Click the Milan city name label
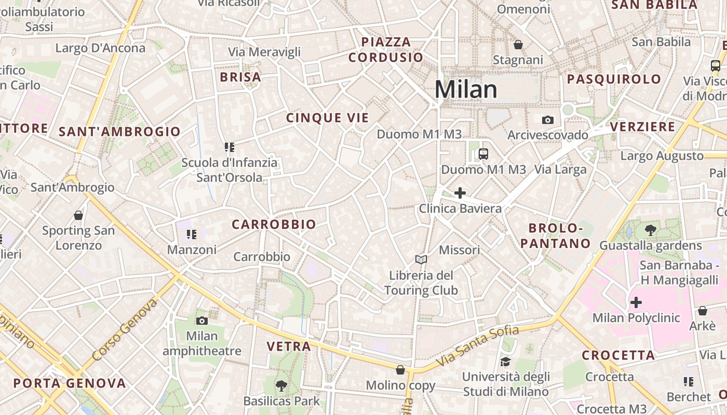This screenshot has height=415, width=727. tap(466, 89)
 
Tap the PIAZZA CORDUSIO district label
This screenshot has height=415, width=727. tap(386, 50)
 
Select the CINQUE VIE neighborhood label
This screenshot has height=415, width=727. tap(327, 118)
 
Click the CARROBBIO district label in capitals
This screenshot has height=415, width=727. tap(274, 224)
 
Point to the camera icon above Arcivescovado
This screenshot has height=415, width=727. tap(547, 120)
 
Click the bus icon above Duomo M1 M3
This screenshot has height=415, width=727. tap(483, 154)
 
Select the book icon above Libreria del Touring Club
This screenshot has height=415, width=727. tap(421, 259)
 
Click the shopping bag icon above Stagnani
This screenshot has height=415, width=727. tap(518, 45)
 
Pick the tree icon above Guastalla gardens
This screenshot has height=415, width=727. tap(650, 230)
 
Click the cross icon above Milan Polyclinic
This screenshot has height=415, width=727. tap(636, 302)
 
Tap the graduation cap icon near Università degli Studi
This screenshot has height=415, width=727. tap(505, 362)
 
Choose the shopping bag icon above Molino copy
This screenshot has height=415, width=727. tap(400, 370)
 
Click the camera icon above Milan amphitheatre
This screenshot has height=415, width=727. tap(202, 321)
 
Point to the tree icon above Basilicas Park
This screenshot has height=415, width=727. tap(281, 385)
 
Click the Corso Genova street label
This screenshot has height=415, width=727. tap(125, 330)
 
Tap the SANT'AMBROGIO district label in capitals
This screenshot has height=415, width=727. tap(119, 132)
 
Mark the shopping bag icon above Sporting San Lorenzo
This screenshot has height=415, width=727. tap(78, 215)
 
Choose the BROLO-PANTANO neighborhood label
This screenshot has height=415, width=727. tap(556, 236)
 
